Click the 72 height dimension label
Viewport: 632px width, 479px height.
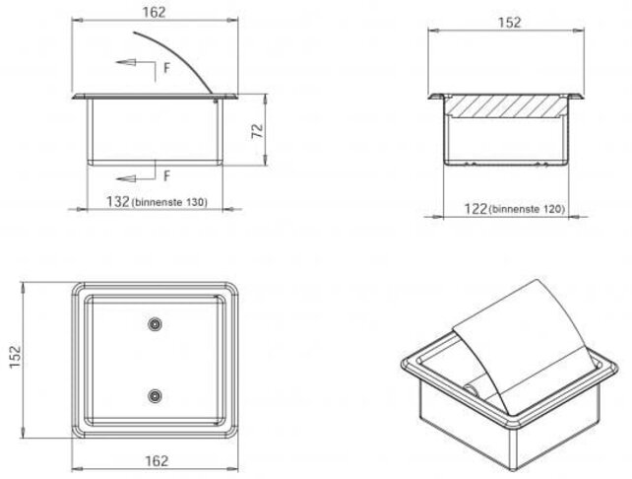click(258, 131)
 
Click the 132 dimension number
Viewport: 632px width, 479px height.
click(118, 201)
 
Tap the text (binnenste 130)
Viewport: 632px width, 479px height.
click(169, 202)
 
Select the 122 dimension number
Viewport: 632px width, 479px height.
click(475, 209)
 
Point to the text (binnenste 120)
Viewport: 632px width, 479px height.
click(527, 209)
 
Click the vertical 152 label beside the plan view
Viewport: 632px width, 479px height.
click(15, 357)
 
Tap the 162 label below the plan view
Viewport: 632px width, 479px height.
click(157, 460)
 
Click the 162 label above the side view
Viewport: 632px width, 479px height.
click(154, 12)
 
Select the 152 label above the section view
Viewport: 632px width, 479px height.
click(510, 23)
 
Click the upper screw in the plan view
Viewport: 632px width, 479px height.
click(155, 324)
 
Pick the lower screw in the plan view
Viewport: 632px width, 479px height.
click(155, 396)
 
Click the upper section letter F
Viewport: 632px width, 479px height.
click(167, 68)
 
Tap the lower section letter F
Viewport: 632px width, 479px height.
click(167, 176)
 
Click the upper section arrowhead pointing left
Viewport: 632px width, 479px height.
click(125, 62)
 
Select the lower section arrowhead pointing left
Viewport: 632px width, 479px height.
click(125, 178)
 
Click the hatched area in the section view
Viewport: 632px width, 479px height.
click(506, 106)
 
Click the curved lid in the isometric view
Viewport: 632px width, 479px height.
click(524, 347)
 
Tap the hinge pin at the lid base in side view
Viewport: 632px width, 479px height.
click(216, 100)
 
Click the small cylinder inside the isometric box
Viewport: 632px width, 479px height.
click(471, 389)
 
